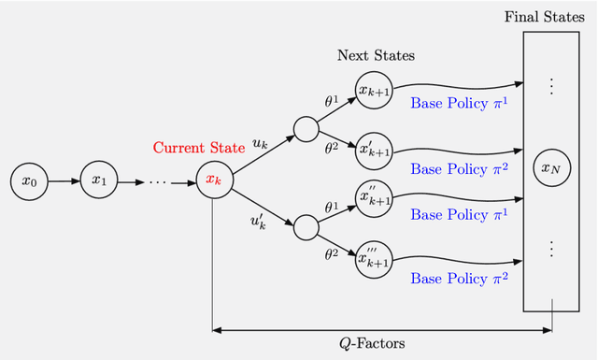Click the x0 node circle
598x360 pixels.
28,180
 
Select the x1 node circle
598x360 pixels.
97,180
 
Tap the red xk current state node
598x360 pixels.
214,180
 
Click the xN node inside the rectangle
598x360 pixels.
550,168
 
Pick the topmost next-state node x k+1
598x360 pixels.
375,90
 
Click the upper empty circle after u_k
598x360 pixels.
306,128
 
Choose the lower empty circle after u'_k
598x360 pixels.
306,226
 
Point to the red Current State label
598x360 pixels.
198,148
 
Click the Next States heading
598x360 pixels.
376,55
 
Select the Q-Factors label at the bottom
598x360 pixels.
371,344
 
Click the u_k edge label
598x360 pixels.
261,144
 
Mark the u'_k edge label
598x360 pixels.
257,222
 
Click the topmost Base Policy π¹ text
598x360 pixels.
459,103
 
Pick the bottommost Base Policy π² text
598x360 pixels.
459,278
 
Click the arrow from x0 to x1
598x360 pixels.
63,180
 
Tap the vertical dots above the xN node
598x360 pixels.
550,86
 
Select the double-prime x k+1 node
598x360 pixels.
375,197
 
